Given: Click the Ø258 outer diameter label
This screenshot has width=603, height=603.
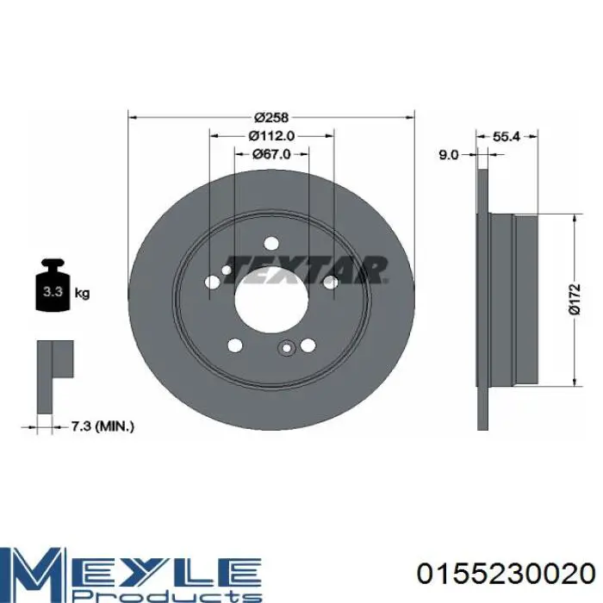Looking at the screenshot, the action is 271,117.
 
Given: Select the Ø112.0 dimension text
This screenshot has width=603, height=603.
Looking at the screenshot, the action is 271,136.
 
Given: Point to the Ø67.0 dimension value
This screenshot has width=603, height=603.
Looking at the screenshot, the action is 271,154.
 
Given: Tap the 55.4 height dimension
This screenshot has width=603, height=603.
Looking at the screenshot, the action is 507,136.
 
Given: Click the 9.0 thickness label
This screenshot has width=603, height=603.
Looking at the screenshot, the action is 449,155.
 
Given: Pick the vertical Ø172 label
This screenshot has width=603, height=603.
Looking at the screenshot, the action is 575,300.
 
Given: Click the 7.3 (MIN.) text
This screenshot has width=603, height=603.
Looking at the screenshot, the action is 103,426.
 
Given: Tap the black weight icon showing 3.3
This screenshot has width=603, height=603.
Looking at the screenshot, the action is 53,285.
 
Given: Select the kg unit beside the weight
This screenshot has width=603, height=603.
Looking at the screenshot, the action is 82,294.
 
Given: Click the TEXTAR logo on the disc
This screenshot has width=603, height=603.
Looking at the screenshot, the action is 306,270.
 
